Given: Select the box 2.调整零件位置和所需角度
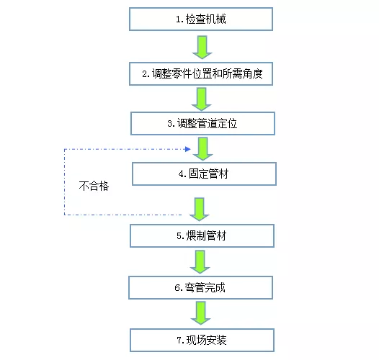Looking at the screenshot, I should tap(201, 73).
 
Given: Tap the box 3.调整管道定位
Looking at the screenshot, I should tap(202, 123).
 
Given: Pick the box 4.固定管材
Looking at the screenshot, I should tap(203, 174).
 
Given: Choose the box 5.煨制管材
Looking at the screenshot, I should tap(202, 235).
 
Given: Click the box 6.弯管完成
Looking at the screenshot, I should tap(201, 287).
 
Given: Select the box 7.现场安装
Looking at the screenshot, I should tap(202, 339).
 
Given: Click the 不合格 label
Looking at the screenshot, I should tap(94, 184).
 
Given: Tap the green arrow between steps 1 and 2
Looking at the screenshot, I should tap(202, 46).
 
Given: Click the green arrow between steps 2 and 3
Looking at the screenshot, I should tap(202, 99).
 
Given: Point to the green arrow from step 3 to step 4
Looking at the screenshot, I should tap(202, 148).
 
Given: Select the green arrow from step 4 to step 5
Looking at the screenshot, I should tap(201, 208).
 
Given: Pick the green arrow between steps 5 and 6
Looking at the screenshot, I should tap(202, 261).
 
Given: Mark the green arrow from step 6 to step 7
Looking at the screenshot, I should tap(202, 313).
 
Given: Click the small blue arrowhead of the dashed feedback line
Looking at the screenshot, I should tap(187, 150).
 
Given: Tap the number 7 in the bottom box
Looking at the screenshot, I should tap(177, 339).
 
